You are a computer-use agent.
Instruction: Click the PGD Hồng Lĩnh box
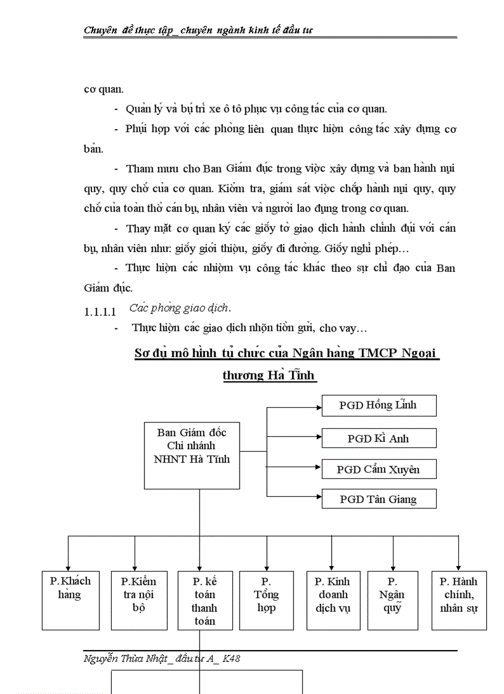pyautogui.click(x=379, y=405)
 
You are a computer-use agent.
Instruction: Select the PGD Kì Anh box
pyautogui.click(x=379, y=438)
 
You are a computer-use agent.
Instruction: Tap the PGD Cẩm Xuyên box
pyautogui.click(x=379, y=469)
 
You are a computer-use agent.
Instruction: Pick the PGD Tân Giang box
pyautogui.click(x=379, y=499)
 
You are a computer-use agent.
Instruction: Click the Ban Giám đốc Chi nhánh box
pyautogui.click(x=191, y=455)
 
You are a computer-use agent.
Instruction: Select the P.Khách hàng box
pyautogui.click(x=70, y=600)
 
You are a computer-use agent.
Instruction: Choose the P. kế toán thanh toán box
pyautogui.click(x=204, y=600)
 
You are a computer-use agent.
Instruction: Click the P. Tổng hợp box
pyautogui.click(x=266, y=600)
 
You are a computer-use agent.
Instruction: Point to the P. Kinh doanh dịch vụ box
pyautogui.click(x=333, y=600)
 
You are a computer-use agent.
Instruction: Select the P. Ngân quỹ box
pyautogui.click(x=392, y=600)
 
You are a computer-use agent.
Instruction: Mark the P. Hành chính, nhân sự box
pyautogui.click(x=459, y=600)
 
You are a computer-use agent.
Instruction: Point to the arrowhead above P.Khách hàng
pyautogui.click(x=68, y=567)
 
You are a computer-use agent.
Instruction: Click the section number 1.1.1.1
pyautogui.click(x=100, y=312)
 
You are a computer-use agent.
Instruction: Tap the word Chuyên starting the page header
pyautogui.click(x=101, y=30)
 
